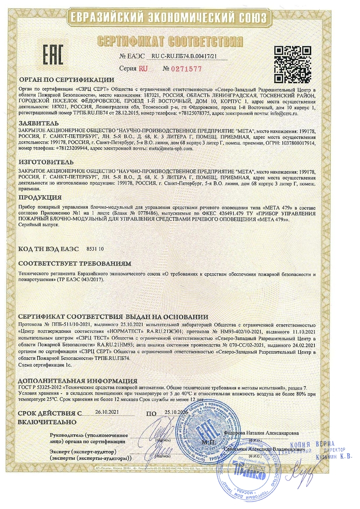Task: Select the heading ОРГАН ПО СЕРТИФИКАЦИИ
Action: (x=66, y=80)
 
